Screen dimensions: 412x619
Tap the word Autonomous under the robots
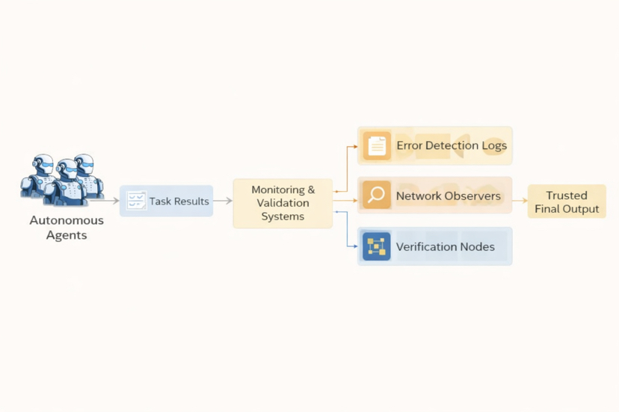point(67,221)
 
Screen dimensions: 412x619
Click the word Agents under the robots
point(67,236)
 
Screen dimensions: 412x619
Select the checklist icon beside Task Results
point(136,201)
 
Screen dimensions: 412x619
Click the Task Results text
point(179,202)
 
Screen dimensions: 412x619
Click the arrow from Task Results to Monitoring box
point(223,201)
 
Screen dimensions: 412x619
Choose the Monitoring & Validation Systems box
point(283,203)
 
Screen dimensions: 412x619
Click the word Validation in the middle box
point(283,203)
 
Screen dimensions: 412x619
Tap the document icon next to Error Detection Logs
point(377,146)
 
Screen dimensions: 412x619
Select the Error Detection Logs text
point(452,146)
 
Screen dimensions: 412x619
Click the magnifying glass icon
point(376,196)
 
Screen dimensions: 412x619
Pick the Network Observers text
point(449,196)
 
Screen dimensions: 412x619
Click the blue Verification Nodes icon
point(377,246)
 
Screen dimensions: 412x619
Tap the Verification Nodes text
point(446,247)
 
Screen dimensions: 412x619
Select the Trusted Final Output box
point(567,202)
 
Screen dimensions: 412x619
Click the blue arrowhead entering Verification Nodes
point(355,246)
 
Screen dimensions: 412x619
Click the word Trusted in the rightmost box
point(567,196)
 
